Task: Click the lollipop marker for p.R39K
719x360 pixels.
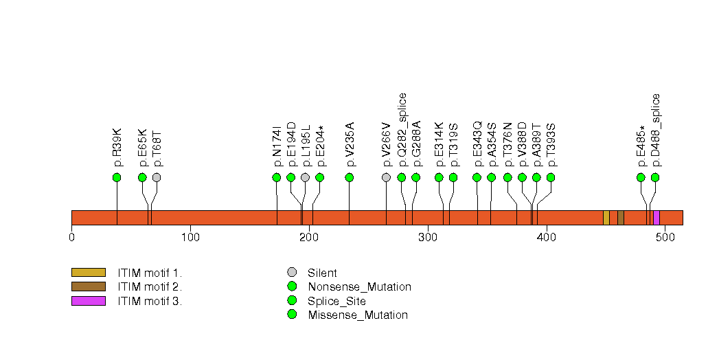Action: click(117, 177)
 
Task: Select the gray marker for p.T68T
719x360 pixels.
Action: click(157, 177)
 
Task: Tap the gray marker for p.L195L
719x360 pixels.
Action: click(305, 177)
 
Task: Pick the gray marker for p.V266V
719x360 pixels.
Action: click(386, 177)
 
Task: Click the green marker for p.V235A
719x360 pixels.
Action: click(350, 177)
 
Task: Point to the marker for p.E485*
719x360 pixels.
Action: click(641, 177)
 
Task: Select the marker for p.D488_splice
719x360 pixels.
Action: click(655, 177)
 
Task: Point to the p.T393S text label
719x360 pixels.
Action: click(551, 145)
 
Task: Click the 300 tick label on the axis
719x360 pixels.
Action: click(428, 238)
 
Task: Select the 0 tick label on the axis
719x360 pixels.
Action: click(72, 238)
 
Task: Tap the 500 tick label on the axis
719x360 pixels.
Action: click(665, 238)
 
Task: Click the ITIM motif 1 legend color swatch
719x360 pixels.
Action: click(89, 273)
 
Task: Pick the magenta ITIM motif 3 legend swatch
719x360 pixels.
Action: click(89, 301)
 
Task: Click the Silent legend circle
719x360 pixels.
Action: click(292, 273)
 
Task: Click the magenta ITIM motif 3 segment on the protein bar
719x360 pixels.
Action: click(657, 218)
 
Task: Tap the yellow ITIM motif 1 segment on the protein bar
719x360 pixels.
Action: click(606, 218)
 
